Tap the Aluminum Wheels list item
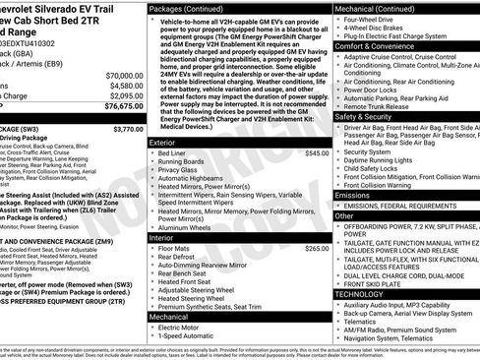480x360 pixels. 184,227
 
